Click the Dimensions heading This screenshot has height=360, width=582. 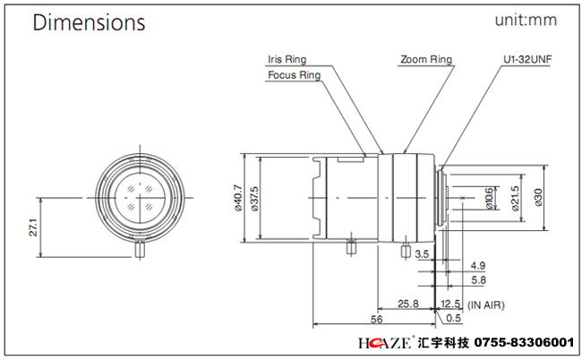click(x=89, y=21)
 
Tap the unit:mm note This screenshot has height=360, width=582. click(x=526, y=20)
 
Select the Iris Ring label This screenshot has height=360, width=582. click(x=287, y=59)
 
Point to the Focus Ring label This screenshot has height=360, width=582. click(x=294, y=75)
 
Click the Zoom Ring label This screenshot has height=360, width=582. click(x=425, y=59)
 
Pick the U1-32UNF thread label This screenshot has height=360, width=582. click(x=527, y=59)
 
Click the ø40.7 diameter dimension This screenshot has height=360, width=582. click(x=238, y=198)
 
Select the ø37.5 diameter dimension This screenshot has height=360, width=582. click(x=254, y=199)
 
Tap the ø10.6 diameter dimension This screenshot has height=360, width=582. click(x=489, y=198)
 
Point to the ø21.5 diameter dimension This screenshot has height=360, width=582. click(x=515, y=198)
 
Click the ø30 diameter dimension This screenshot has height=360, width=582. click(x=538, y=197)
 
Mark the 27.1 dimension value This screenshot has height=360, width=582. click(x=33, y=227)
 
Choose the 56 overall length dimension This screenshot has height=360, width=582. click(x=376, y=319)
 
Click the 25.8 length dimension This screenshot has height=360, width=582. click(x=408, y=304)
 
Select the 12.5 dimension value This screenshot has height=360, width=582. click(x=450, y=304)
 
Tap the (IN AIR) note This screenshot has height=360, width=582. click(x=486, y=305)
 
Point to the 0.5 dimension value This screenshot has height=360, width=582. click(x=453, y=318)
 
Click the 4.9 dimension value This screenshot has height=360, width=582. click(x=478, y=266)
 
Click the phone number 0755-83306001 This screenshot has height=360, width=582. click(x=524, y=342)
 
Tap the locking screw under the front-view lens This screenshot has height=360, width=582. click(x=140, y=249)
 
